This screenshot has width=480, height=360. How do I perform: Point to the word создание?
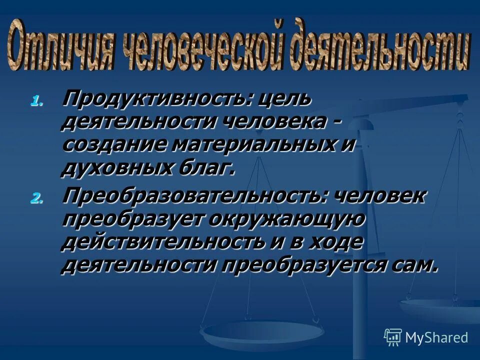pos(113,145)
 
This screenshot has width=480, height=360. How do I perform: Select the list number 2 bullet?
pos(36,198)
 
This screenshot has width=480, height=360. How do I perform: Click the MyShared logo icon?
pos(392,337)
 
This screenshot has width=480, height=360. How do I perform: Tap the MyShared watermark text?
pos(436,337)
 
